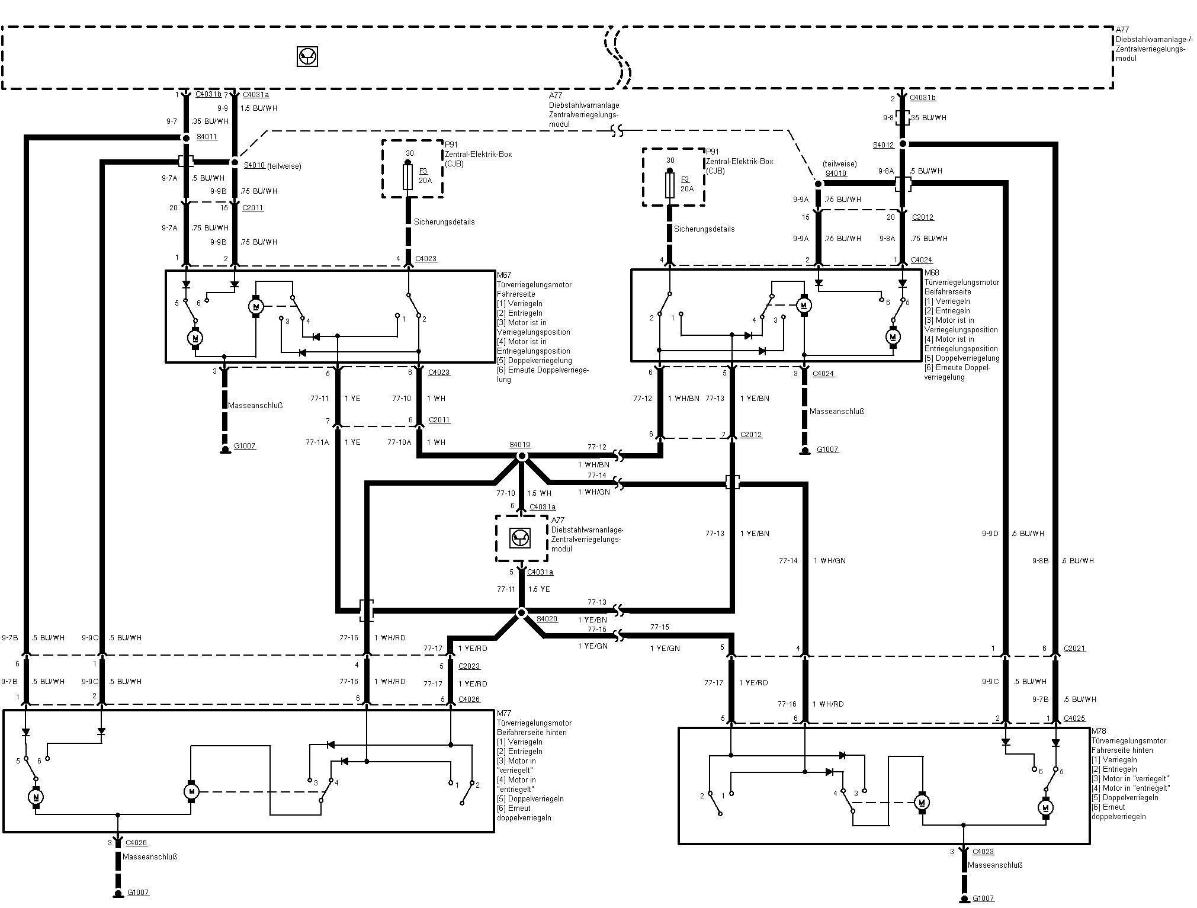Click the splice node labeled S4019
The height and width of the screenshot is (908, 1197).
click(x=522, y=456)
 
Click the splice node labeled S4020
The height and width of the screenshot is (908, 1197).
click(x=522, y=612)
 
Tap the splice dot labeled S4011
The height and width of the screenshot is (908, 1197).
click(x=185, y=137)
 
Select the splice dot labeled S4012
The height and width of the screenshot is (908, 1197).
click(x=903, y=144)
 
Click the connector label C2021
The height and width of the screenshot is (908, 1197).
click(x=1074, y=649)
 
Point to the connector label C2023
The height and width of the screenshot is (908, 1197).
click(x=468, y=666)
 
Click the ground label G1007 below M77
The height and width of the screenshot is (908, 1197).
click(x=138, y=892)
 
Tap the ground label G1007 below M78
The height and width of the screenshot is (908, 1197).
click(x=983, y=899)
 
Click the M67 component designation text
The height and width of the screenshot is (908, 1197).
click(x=503, y=275)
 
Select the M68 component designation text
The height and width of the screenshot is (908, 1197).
click(x=931, y=273)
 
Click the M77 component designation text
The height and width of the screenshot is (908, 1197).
click(x=503, y=714)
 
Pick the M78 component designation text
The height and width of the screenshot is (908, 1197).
click(x=1098, y=731)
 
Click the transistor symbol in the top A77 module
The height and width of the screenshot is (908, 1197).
click(x=307, y=57)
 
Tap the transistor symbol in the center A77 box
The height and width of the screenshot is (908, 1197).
click(x=521, y=538)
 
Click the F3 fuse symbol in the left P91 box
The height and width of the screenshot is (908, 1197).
click(x=407, y=177)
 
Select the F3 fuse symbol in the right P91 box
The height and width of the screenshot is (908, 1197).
click(x=670, y=185)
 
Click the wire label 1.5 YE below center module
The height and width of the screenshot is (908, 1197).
click(x=539, y=589)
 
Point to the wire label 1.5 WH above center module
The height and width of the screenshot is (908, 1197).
click(x=539, y=493)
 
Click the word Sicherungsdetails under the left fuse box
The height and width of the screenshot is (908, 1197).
click(x=444, y=222)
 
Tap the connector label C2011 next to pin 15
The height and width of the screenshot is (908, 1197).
click(x=253, y=208)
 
